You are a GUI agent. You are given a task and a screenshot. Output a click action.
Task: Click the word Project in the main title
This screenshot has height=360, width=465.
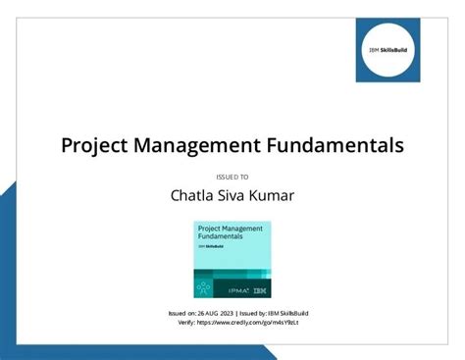[96, 145]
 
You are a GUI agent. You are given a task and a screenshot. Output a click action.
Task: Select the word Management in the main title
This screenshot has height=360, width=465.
[203, 145]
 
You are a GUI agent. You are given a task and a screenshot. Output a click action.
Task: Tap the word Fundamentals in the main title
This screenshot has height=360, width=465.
[339, 145]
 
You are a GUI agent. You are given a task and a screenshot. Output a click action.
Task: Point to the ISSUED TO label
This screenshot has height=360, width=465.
[232, 177]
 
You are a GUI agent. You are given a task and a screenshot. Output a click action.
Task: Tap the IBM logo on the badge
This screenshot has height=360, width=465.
[259, 289]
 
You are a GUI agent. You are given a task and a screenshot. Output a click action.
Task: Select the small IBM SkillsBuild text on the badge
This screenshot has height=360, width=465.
[210, 246]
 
